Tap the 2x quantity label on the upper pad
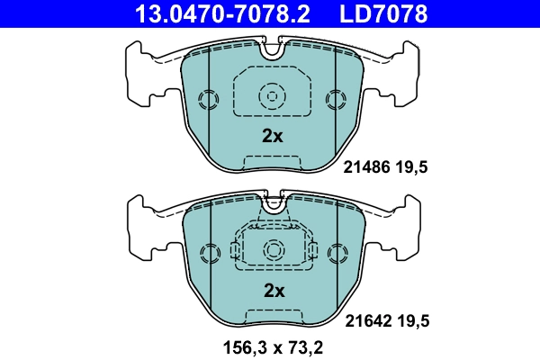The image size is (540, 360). [272, 137]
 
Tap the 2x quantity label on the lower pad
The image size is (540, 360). [273, 291]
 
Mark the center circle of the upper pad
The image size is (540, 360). [271, 94]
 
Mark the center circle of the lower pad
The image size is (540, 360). [271, 248]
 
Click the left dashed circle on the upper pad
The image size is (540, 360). [208, 98]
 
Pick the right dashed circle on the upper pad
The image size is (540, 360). [337, 98]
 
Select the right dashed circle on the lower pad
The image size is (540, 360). [337, 253]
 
